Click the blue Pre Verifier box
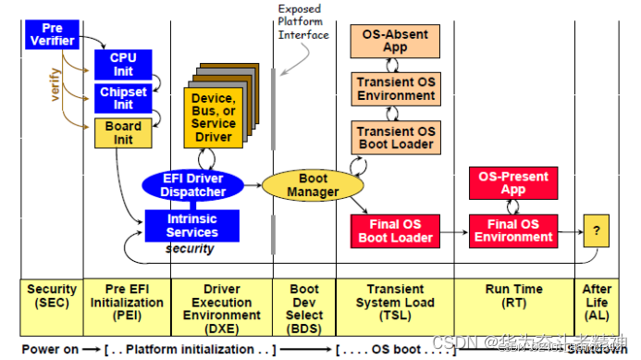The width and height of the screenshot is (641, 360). pyautogui.click(x=51, y=33)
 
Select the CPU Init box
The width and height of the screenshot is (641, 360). pyautogui.click(x=122, y=64)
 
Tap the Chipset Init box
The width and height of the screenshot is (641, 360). pyautogui.click(x=122, y=97)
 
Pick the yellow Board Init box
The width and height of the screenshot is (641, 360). pyautogui.click(x=122, y=133)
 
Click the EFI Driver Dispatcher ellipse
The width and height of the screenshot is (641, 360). pyautogui.click(x=193, y=184)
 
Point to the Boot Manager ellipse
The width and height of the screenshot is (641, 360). pyautogui.click(x=301, y=185)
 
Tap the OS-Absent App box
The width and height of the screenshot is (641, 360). pyautogui.click(x=395, y=41)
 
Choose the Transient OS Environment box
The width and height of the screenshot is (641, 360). pyautogui.click(x=396, y=89)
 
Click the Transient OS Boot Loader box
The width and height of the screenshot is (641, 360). pyautogui.click(x=396, y=138)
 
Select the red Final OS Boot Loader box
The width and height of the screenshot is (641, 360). pyautogui.click(x=396, y=230)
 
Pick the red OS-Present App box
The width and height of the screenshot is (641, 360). pyautogui.click(x=512, y=183)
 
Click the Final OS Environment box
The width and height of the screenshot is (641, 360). pyautogui.click(x=512, y=230)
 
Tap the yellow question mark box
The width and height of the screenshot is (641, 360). pyautogui.click(x=597, y=230)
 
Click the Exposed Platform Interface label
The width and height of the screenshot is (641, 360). pyautogui.click(x=303, y=22)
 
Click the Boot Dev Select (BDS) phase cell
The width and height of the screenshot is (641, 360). pyautogui.click(x=304, y=302)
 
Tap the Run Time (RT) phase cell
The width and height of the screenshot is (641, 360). pyautogui.click(x=513, y=295)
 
